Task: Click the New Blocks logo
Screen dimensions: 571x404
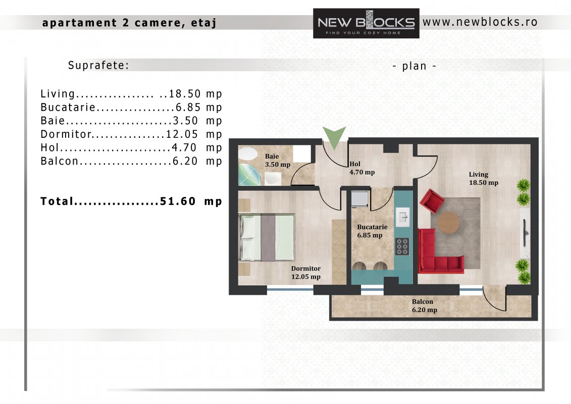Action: tap(366, 23)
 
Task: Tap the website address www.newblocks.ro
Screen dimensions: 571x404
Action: tap(480, 22)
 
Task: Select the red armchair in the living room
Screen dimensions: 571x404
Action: tap(432, 200)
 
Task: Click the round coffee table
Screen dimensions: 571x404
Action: tap(448, 222)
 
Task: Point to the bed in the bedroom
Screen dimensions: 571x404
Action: tap(267, 237)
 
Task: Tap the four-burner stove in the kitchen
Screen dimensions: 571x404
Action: tap(402, 246)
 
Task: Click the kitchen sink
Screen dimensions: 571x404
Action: tap(402, 217)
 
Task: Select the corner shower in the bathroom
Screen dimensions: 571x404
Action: tap(249, 175)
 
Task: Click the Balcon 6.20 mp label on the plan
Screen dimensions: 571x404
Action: tap(424, 306)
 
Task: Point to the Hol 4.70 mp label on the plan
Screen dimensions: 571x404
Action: tap(362, 168)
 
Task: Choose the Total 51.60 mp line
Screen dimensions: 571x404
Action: tap(131, 201)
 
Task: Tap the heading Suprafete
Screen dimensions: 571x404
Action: tap(98, 65)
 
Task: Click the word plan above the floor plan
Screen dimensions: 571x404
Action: tap(414, 66)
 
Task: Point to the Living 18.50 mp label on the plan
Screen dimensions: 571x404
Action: tap(483, 178)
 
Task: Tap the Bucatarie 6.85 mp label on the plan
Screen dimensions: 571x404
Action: tap(372, 231)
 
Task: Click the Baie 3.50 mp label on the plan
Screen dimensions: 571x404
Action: tap(278, 160)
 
